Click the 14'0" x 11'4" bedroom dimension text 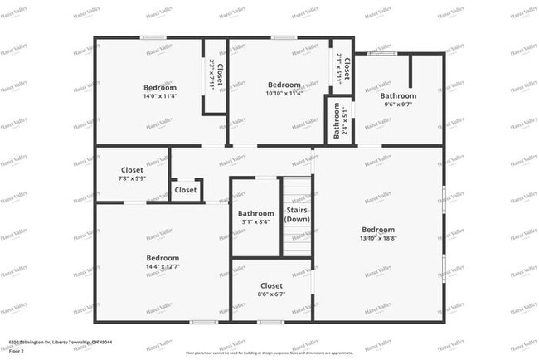click(160, 95)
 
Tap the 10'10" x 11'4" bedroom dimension click(284, 93)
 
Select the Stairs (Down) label click(297, 214)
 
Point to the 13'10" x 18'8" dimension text click(377, 238)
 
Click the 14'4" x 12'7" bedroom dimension click(163, 266)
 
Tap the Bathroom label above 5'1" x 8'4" click(255, 213)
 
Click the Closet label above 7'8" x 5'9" click(131, 170)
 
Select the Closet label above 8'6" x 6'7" click(271, 285)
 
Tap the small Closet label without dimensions click(186, 190)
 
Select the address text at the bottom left click(61, 341)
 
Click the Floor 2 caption click(17, 350)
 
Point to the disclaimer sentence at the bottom click(269, 351)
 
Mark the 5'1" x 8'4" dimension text click(255, 221)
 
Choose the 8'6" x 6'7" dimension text click(271, 294)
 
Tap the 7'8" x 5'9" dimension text click(131, 178)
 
